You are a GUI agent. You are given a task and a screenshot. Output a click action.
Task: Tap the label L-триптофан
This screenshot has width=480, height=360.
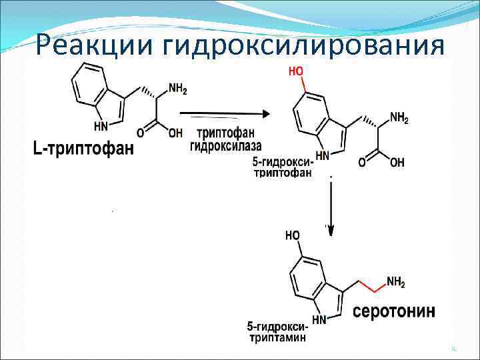tap(83, 148)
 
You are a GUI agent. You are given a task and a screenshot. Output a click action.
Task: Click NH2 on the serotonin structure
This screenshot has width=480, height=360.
tap(395, 283)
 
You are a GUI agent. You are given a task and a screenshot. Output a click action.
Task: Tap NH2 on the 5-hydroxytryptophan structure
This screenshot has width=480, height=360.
tap(398, 119)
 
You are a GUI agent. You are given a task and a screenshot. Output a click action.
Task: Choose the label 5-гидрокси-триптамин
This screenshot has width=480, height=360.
tap(277, 332)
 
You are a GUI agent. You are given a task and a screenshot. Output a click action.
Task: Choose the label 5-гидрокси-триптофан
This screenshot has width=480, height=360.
tap(284, 169)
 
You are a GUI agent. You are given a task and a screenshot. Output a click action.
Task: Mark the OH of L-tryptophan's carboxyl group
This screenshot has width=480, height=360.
tap(175, 133)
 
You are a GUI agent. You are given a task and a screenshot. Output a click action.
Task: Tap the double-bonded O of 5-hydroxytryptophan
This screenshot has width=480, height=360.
tap(362, 162)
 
